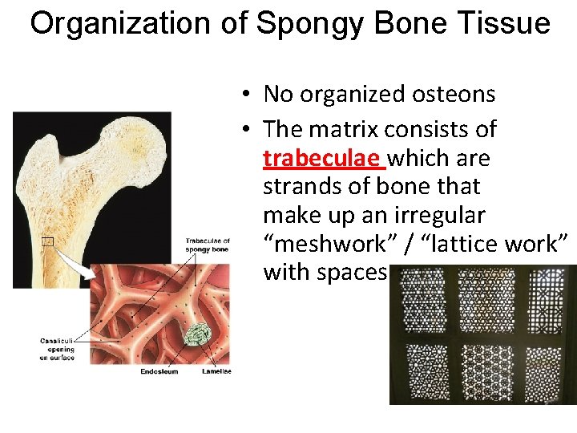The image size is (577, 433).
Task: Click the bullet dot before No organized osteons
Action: [251, 95]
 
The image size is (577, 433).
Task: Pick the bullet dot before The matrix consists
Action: [251, 129]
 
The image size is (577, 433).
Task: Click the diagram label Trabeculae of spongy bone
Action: [208, 245]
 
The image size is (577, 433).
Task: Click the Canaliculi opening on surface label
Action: [57, 350]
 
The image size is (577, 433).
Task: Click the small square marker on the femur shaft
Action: [48, 241]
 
